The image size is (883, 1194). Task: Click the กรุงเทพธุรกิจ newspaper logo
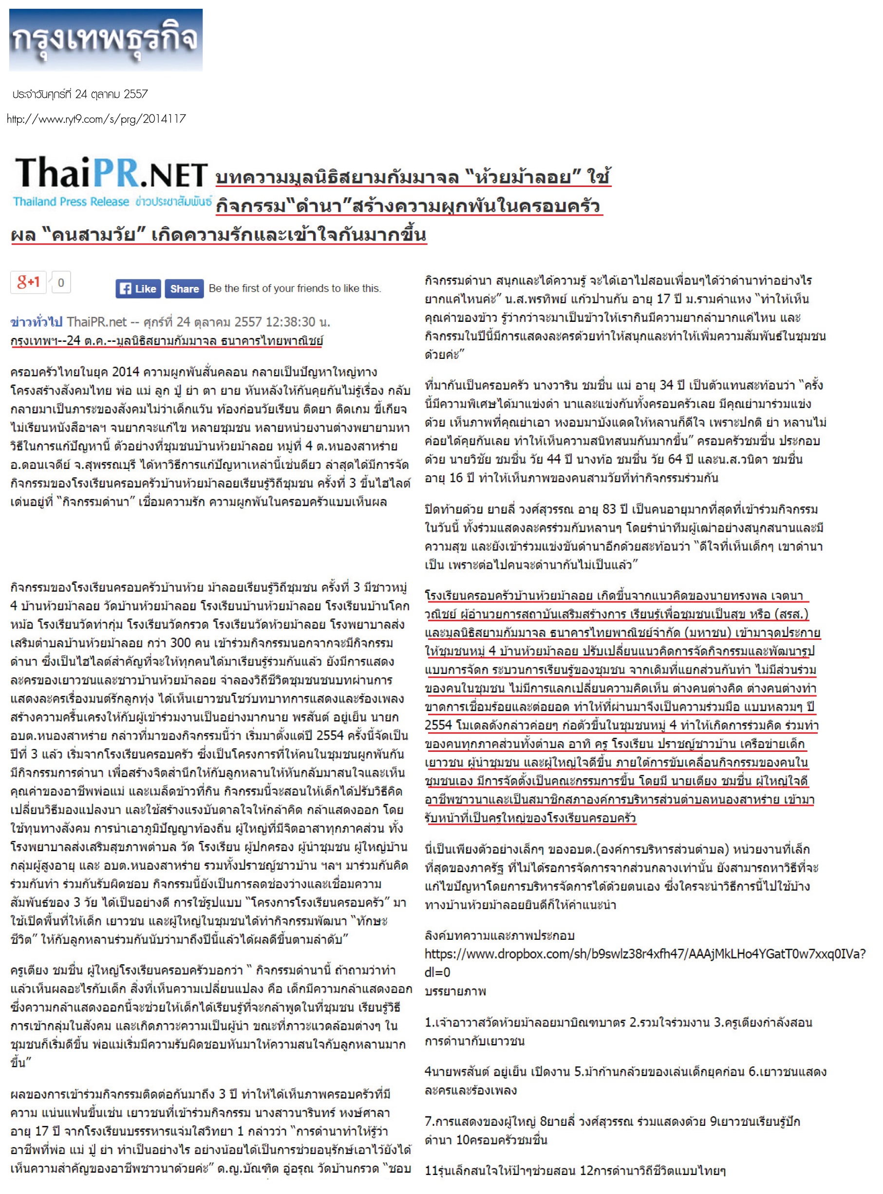(x=105, y=39)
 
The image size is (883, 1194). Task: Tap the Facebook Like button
(x=138, y=289)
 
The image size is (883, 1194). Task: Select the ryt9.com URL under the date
(x=96, y=119)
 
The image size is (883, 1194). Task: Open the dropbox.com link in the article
(x=644, y=953)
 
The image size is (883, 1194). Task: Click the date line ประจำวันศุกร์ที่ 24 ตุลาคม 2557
(x=80, y=94)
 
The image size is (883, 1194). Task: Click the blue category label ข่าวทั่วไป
(x=36, y=322)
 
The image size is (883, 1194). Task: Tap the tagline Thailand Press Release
(x=71, y=202)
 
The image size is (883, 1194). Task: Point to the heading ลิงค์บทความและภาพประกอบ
(x=499, y=935)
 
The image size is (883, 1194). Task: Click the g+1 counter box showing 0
(x=61, y=282)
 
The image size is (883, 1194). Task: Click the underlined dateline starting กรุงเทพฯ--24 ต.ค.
(x=166, y=340)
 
